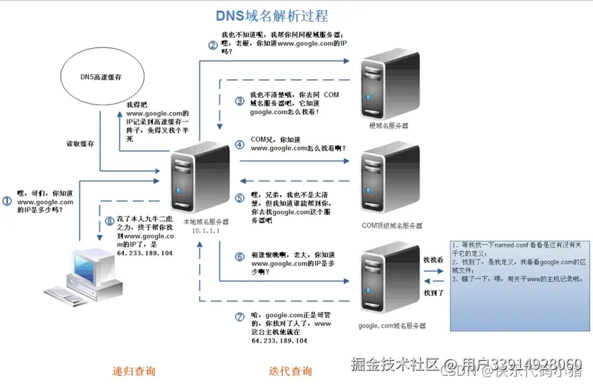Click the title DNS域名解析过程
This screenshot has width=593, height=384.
pos(271,15)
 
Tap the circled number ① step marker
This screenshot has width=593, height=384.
pos(7,201)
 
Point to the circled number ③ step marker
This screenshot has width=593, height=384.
pos(239,101)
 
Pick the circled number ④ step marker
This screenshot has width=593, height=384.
pos(239,144)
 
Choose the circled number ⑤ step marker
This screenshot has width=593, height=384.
pos(239,198)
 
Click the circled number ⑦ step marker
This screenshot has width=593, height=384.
pos(239,317)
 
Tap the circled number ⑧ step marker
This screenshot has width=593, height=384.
pos(110,220)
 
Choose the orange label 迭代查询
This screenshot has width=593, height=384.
pos(290,370)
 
